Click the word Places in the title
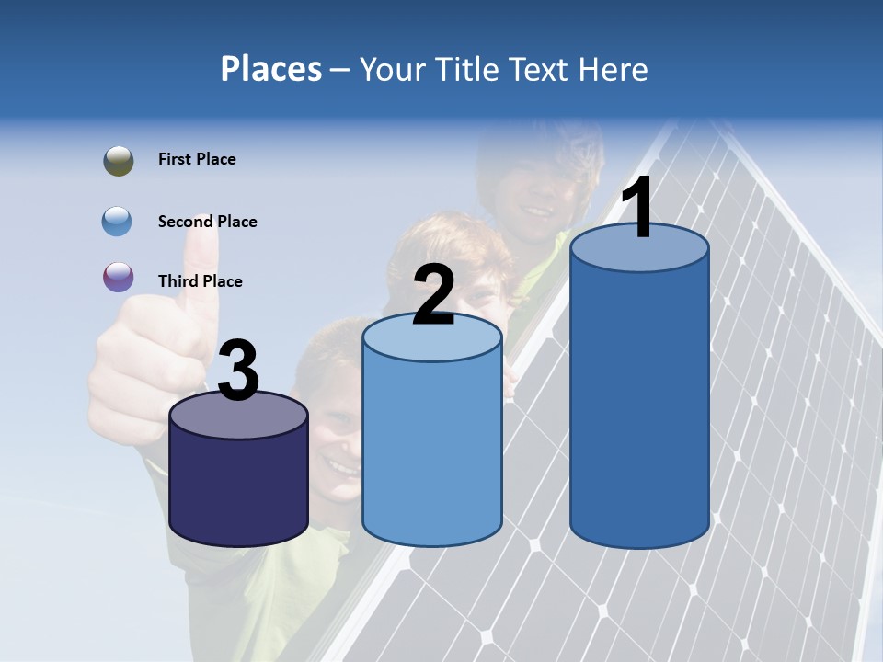pos(270,69)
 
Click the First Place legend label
pos(197,159)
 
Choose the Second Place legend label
pos(207,222)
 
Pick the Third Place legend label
pos(200,281)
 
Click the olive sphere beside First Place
pos(119,161)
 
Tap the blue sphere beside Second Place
pos(118,222)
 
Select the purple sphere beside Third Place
pos(119,277)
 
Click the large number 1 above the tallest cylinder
pos(638,208)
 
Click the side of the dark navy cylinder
pos(238,487)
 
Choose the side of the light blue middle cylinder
pos(432,451)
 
